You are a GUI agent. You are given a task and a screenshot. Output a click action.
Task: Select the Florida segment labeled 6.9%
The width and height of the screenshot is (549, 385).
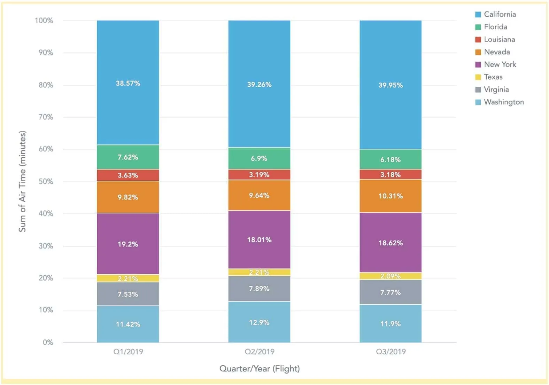(259, 158)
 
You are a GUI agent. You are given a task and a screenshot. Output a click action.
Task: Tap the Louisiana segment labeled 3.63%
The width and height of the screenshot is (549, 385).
(128, 175)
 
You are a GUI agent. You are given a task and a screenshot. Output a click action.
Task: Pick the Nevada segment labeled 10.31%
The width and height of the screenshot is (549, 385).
(391, 196)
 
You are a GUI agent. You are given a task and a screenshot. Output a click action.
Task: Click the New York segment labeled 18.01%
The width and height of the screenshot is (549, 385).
(259, 239)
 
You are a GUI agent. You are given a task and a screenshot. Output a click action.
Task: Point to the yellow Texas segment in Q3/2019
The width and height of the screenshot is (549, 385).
(391, 276)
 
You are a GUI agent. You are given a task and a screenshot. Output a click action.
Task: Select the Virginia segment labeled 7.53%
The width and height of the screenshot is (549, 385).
(128, 294)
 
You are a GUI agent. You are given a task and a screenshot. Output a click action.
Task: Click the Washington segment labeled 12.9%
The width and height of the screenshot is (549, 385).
(259, 322)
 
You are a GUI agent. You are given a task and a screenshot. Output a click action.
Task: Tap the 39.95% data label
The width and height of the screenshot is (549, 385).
(391, 85)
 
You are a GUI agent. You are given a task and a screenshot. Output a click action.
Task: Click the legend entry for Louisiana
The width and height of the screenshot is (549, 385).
(499, 39)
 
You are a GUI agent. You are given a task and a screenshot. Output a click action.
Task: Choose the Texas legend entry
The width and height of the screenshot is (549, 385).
(493, 77)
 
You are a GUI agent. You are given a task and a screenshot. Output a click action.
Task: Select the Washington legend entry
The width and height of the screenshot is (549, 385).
(503, 102)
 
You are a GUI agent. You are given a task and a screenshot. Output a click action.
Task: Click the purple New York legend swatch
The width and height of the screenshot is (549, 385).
(478, 64)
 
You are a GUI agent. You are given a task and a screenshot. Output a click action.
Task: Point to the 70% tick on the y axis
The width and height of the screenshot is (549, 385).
(46, 117)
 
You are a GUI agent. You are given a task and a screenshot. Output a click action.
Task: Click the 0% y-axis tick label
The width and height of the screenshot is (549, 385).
(48, 342)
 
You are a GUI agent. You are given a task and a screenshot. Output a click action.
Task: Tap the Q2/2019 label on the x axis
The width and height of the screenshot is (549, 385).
(259, 352)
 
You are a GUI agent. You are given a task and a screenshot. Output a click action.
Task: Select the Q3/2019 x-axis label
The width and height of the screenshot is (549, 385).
(391, 352)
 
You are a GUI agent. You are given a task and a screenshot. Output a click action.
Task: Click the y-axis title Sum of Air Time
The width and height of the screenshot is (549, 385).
(22, 181)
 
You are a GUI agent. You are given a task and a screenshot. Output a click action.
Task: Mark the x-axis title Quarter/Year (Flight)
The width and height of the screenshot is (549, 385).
(259, 368)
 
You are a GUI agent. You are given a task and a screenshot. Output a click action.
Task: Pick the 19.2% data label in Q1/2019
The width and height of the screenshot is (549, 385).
(128, 244)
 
